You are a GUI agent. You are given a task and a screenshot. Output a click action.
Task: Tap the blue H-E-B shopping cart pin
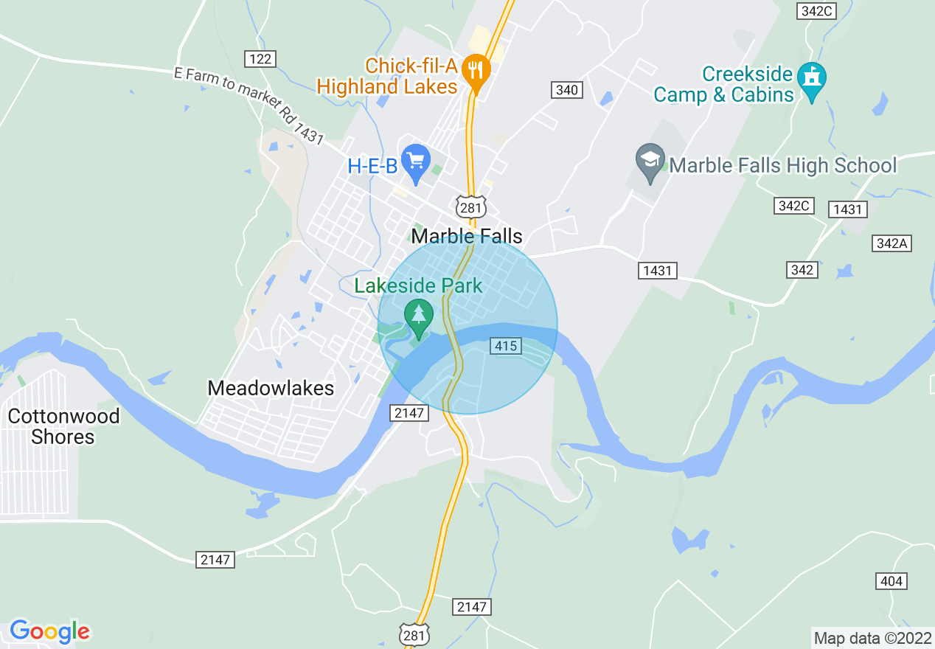tap(416, 160)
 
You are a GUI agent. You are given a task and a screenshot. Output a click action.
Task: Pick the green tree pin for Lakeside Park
tap(419, 315)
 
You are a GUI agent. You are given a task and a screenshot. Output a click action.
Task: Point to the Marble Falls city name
tap(467, 236)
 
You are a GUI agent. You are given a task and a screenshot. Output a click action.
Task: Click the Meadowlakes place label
tap(271, 388)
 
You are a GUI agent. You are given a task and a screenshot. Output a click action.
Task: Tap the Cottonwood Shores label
tap(63, 426)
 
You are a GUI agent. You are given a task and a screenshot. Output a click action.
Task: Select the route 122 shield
tap(260, 59)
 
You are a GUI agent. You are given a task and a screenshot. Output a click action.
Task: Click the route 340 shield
tap(567, 90)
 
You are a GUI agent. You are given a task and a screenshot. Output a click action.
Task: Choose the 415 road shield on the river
tap(506, 346)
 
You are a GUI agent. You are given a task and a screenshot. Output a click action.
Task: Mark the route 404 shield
tap(891, 581)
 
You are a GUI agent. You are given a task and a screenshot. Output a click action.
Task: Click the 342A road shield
tap(891, 243)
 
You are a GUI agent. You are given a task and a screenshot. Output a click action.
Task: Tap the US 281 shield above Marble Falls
tap(470, 206)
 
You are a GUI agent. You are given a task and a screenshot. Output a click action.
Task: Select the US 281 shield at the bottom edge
tap(413, 634)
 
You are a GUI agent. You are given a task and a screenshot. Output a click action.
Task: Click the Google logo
tap(49, 631)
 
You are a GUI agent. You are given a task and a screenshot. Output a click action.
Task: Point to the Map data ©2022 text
tap(872, 638)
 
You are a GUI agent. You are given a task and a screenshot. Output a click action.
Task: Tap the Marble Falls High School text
tap(783, 165)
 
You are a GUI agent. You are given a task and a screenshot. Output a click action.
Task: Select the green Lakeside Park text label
tap(418, 286)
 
